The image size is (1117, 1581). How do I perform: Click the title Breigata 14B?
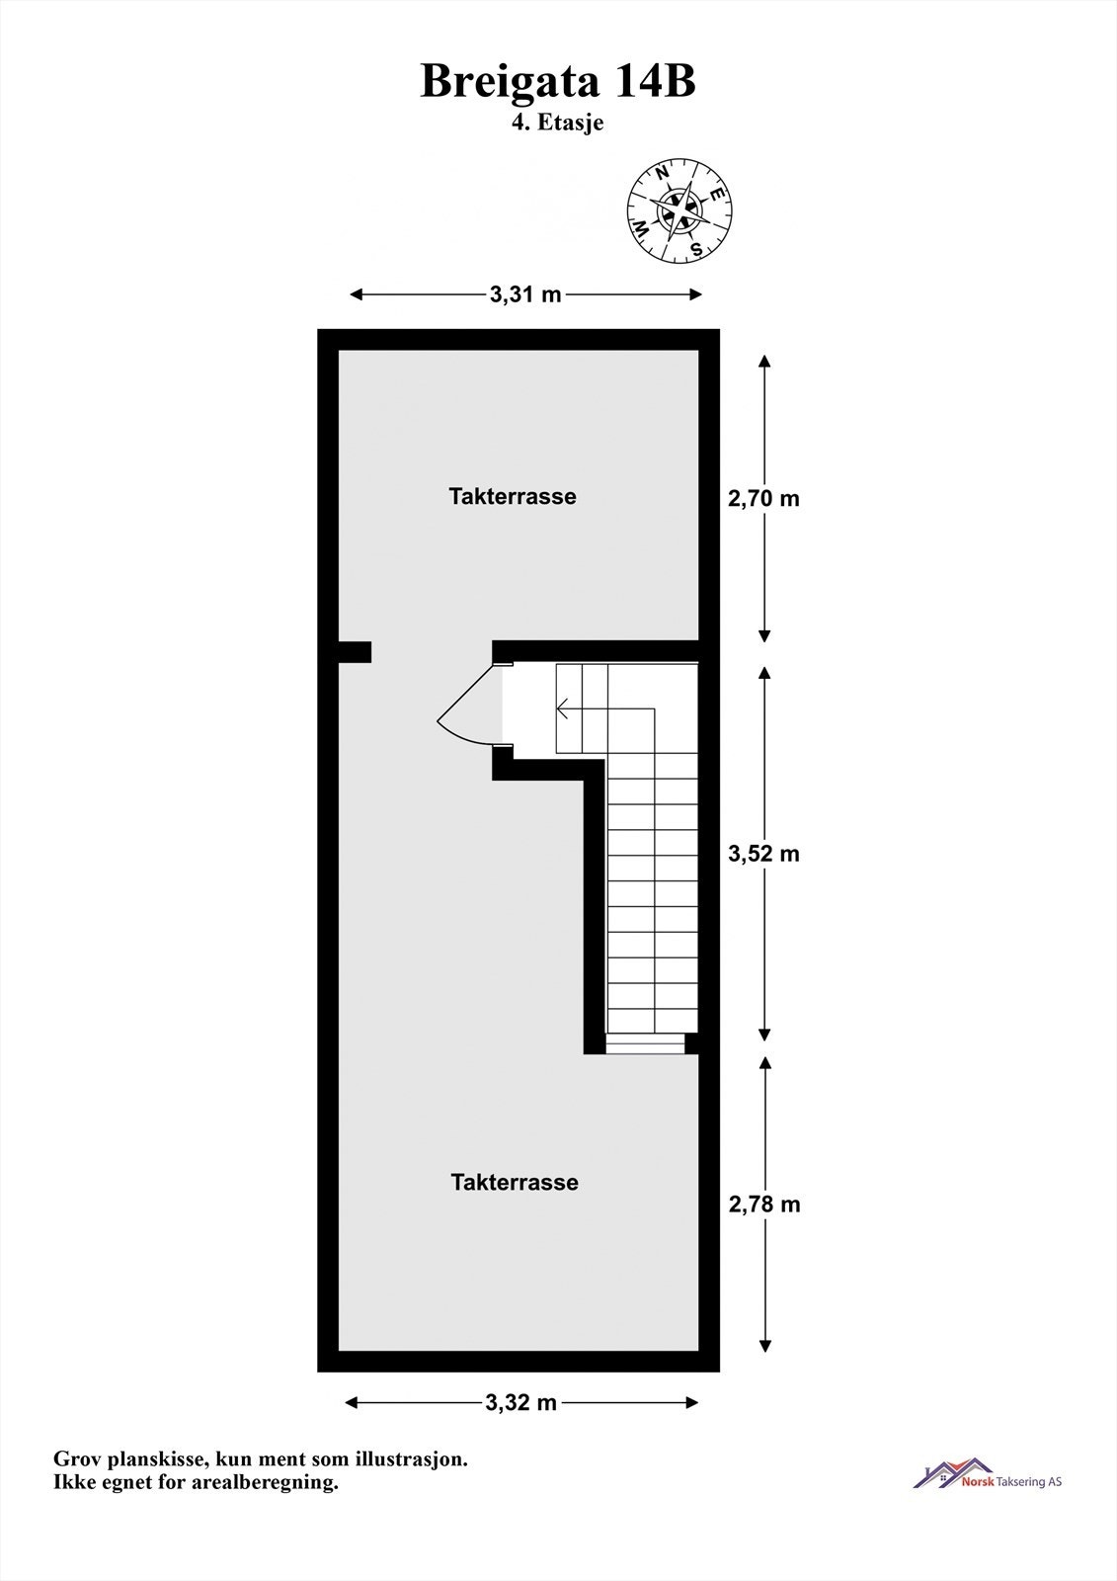558,81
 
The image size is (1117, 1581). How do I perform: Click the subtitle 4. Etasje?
558,124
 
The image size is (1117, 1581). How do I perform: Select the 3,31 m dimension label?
525,294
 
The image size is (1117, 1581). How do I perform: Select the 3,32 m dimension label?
521,1402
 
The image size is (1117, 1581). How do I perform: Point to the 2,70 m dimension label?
763,499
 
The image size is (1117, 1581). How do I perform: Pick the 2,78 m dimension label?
763,1205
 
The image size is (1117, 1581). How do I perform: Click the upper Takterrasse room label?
513,496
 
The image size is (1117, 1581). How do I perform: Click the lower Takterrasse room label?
514,1182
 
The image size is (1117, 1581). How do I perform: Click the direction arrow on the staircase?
565,707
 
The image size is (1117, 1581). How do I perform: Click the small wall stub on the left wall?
354,652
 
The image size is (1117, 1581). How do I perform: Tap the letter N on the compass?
663,174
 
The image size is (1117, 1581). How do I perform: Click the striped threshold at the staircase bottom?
644,1043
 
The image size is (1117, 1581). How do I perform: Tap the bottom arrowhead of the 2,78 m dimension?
764,1346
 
